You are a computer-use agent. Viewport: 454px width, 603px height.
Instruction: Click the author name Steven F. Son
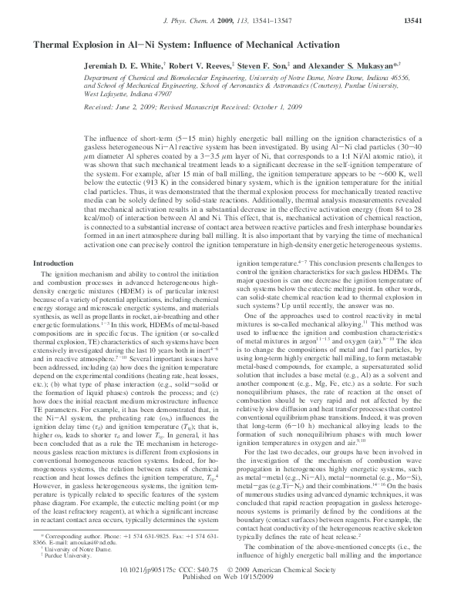[267, 68]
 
